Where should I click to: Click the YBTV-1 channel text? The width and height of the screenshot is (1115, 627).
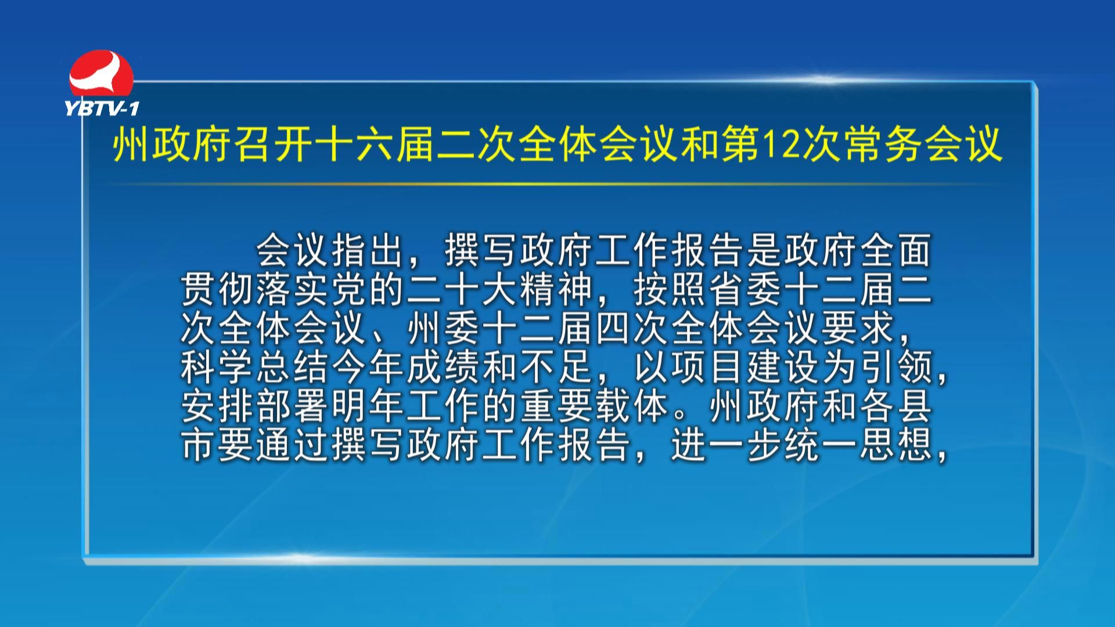pos(102,108)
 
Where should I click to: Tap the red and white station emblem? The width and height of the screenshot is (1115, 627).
pos(101,74)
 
